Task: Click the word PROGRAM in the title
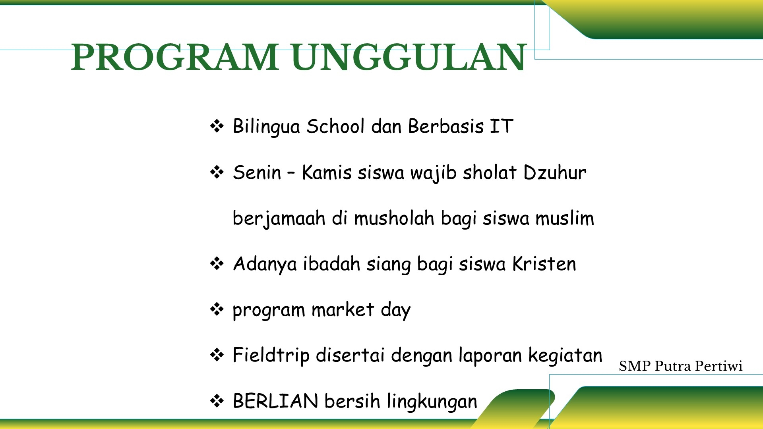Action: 175,57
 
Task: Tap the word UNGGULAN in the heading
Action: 409,57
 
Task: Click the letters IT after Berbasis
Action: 502,126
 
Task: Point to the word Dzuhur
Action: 555,172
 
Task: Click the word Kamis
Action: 327,172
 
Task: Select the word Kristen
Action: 544,264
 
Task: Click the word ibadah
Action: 331,264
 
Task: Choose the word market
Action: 343,309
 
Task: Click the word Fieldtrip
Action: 271,356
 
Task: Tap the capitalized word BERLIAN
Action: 275,401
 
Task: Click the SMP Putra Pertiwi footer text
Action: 680,366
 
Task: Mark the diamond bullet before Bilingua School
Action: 217,127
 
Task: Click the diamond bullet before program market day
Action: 217,309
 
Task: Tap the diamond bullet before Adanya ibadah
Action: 217,264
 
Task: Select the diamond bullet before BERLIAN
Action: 217,401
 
